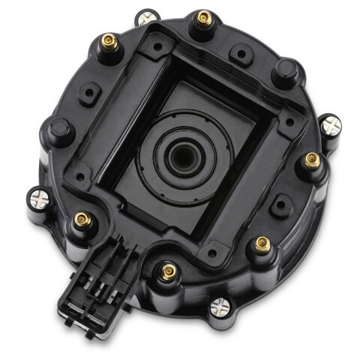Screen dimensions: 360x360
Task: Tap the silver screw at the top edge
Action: (147, 16)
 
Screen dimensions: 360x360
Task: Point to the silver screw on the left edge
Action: (40, 199)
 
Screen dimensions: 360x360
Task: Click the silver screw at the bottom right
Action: (219, 306)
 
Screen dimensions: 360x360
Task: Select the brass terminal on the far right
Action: (312, 160)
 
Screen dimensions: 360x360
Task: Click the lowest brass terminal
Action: (169, 271)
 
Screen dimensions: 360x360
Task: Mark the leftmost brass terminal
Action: (82, 220)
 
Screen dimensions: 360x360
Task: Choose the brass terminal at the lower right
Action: (262, 243)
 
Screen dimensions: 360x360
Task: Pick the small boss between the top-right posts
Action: (241, 53)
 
